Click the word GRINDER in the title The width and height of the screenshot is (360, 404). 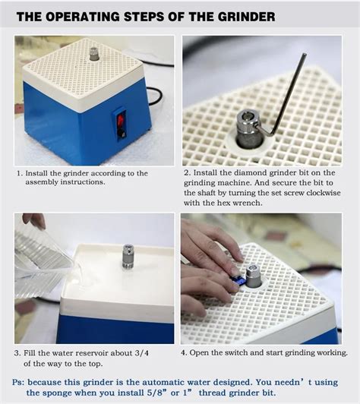pyautogui.click(x=246, y=17)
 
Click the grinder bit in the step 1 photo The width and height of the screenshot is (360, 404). pyautogui.click(x=94, y=54)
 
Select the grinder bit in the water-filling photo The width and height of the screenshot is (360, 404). pyautogui.click(x=128, y=257)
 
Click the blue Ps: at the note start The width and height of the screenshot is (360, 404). pyautogui.click(x=18, y=382)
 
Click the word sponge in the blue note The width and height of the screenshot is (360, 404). pyautogui.click(x=56, y=393)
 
